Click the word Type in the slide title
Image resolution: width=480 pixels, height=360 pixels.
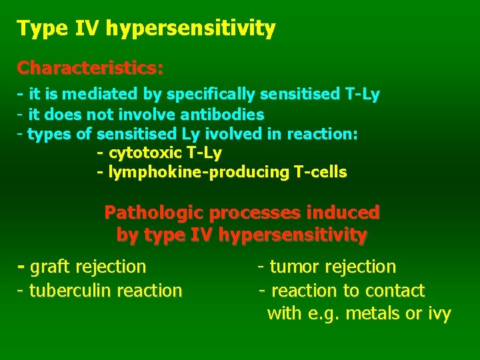pyautogui.click(x=37, y=29)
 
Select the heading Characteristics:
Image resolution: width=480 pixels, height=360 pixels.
pyautogui.click(x=91, y=68)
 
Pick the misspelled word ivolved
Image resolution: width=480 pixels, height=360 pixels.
pyautogui.click(x=235, y=134)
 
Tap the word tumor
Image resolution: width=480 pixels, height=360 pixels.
pyautogui.click(x=294, y=267)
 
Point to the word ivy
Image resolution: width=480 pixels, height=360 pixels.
pyautogui.click(x=438, y=313)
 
